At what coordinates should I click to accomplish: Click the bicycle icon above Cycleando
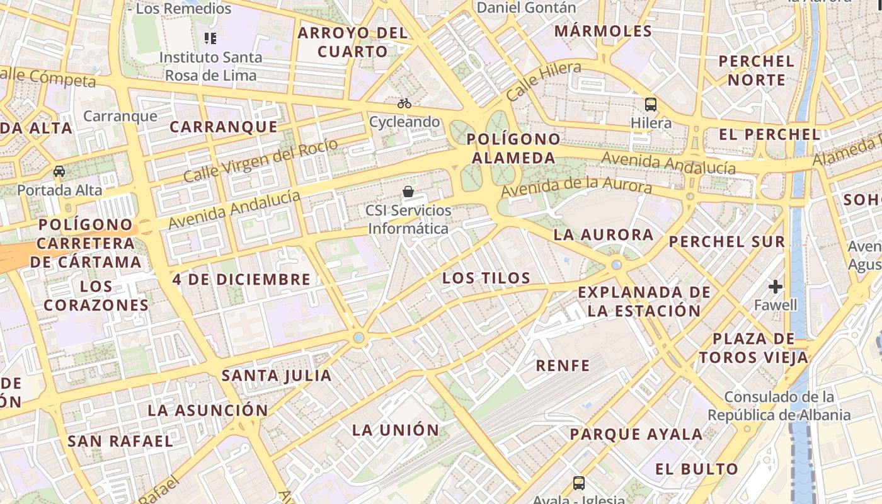click(404, 103)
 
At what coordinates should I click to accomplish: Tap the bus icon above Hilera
click(651, 105)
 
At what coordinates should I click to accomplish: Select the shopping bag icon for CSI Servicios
click(408, 192)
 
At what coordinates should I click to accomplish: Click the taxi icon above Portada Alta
click(59, 171)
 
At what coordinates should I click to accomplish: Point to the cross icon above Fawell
click(776, 287)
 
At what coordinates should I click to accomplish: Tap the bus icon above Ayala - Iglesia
click(578, 483)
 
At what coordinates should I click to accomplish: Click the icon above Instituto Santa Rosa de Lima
click(210, 38)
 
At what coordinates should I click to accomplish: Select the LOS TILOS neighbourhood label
click(486, 278)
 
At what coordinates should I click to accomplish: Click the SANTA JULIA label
click(277, 376)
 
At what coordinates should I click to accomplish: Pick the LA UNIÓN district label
click(396, 430)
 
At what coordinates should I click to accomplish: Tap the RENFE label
click(563, 365)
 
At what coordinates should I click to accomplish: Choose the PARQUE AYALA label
click(636, 434)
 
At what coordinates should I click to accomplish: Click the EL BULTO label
click(697, 469)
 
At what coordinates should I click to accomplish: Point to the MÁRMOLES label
click(603, 31)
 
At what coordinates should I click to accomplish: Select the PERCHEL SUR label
click(727, 242)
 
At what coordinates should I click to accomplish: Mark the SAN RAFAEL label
click(120, 441)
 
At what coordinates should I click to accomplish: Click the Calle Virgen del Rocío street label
click(260, 161)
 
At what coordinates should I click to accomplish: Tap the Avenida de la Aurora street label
click(576, 185)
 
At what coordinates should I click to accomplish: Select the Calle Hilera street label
click(543, 83)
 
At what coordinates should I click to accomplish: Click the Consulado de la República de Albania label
click(779, 406)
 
